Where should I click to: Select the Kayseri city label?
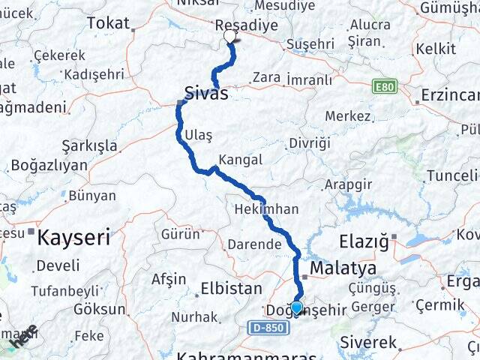73,238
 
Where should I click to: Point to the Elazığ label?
364,241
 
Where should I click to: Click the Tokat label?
108,22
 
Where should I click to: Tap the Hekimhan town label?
266,209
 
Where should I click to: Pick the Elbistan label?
231,288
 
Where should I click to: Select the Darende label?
255,244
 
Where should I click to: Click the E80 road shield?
385,87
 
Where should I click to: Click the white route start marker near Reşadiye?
229,35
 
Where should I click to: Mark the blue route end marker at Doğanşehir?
297,307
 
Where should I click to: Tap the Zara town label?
266,77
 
